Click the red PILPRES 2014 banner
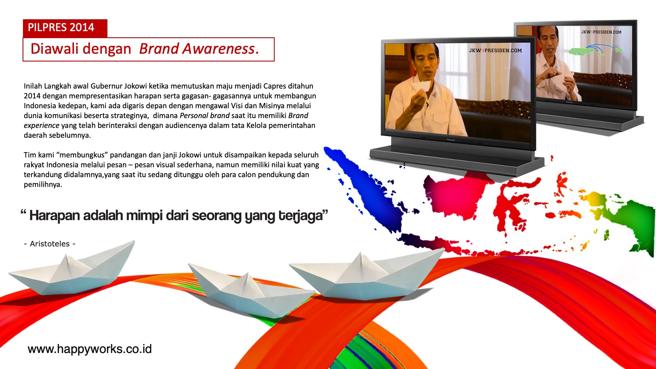(65, 28)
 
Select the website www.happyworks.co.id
(90, 349)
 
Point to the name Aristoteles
(50, 244)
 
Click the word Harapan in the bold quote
(55, 216)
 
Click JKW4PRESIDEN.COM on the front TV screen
(495, 50)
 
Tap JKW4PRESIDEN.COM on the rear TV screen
(601, 32)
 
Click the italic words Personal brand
(205, 116)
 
